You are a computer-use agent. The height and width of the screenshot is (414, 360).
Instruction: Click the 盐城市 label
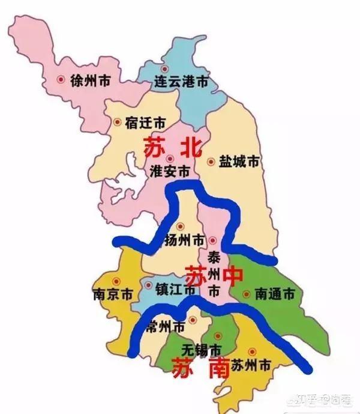coord(239,162)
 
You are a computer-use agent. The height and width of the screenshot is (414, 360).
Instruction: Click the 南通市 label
coord(275,294)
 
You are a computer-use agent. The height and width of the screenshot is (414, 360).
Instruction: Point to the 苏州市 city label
coord(251,365)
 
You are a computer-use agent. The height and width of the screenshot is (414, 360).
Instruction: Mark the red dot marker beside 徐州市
coord(60,79)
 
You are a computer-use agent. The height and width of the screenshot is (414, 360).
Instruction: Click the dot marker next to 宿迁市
coord(117,122)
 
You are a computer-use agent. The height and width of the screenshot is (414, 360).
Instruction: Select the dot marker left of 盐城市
coord(211,162)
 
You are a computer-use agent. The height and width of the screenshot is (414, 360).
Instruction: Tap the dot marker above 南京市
coord(117,281)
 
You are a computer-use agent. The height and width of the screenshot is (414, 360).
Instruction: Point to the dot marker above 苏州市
coord(252,351)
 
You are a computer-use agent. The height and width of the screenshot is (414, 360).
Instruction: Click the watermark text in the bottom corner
coord(325,397)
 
